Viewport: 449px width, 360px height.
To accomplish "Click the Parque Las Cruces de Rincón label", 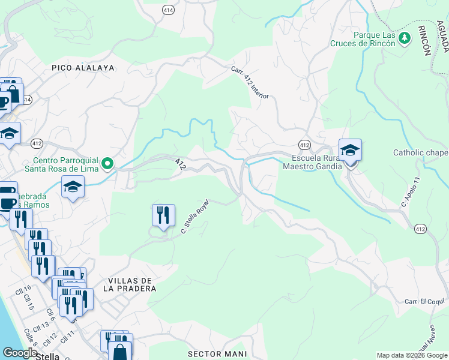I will (363, 40).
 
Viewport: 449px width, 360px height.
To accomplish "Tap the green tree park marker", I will (405, 38).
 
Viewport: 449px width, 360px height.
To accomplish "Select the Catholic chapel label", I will (420, 153).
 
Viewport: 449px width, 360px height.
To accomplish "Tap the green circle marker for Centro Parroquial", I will (107, 163).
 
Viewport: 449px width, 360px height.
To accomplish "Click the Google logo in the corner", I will (20, 352).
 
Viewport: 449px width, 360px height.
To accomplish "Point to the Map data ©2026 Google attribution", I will (412, 355).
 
